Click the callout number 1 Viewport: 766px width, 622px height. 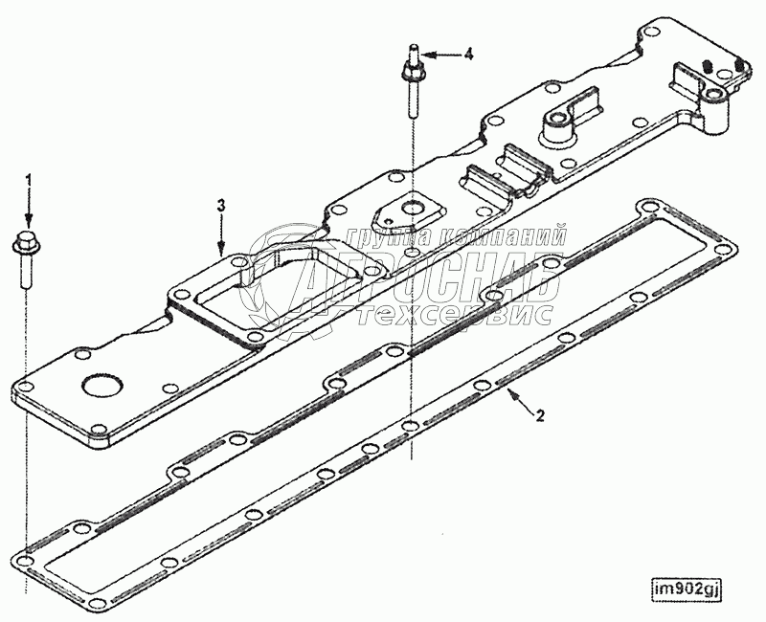(x=29, y=179)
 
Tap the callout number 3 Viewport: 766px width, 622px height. (x=221, y=205)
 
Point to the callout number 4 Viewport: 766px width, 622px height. (x=468, y=55)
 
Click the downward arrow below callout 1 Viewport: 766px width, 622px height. (x=29, y=209)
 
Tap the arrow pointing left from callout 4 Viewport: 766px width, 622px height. (x=438, y=56)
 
